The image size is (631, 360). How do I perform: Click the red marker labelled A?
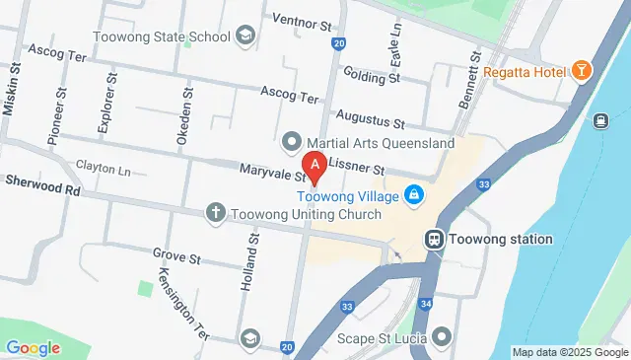[315, 167]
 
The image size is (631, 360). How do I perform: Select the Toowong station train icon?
[433, 239]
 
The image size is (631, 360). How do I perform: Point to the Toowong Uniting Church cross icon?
[216, 212]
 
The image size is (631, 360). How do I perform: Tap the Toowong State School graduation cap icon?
[244, 37]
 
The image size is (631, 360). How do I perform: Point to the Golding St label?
[372, 76]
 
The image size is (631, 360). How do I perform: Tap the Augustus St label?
[372, 123]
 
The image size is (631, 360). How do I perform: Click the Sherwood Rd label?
[41, 182]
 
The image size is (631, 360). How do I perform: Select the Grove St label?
[176, 257]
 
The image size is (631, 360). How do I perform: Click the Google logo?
[33, 347]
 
